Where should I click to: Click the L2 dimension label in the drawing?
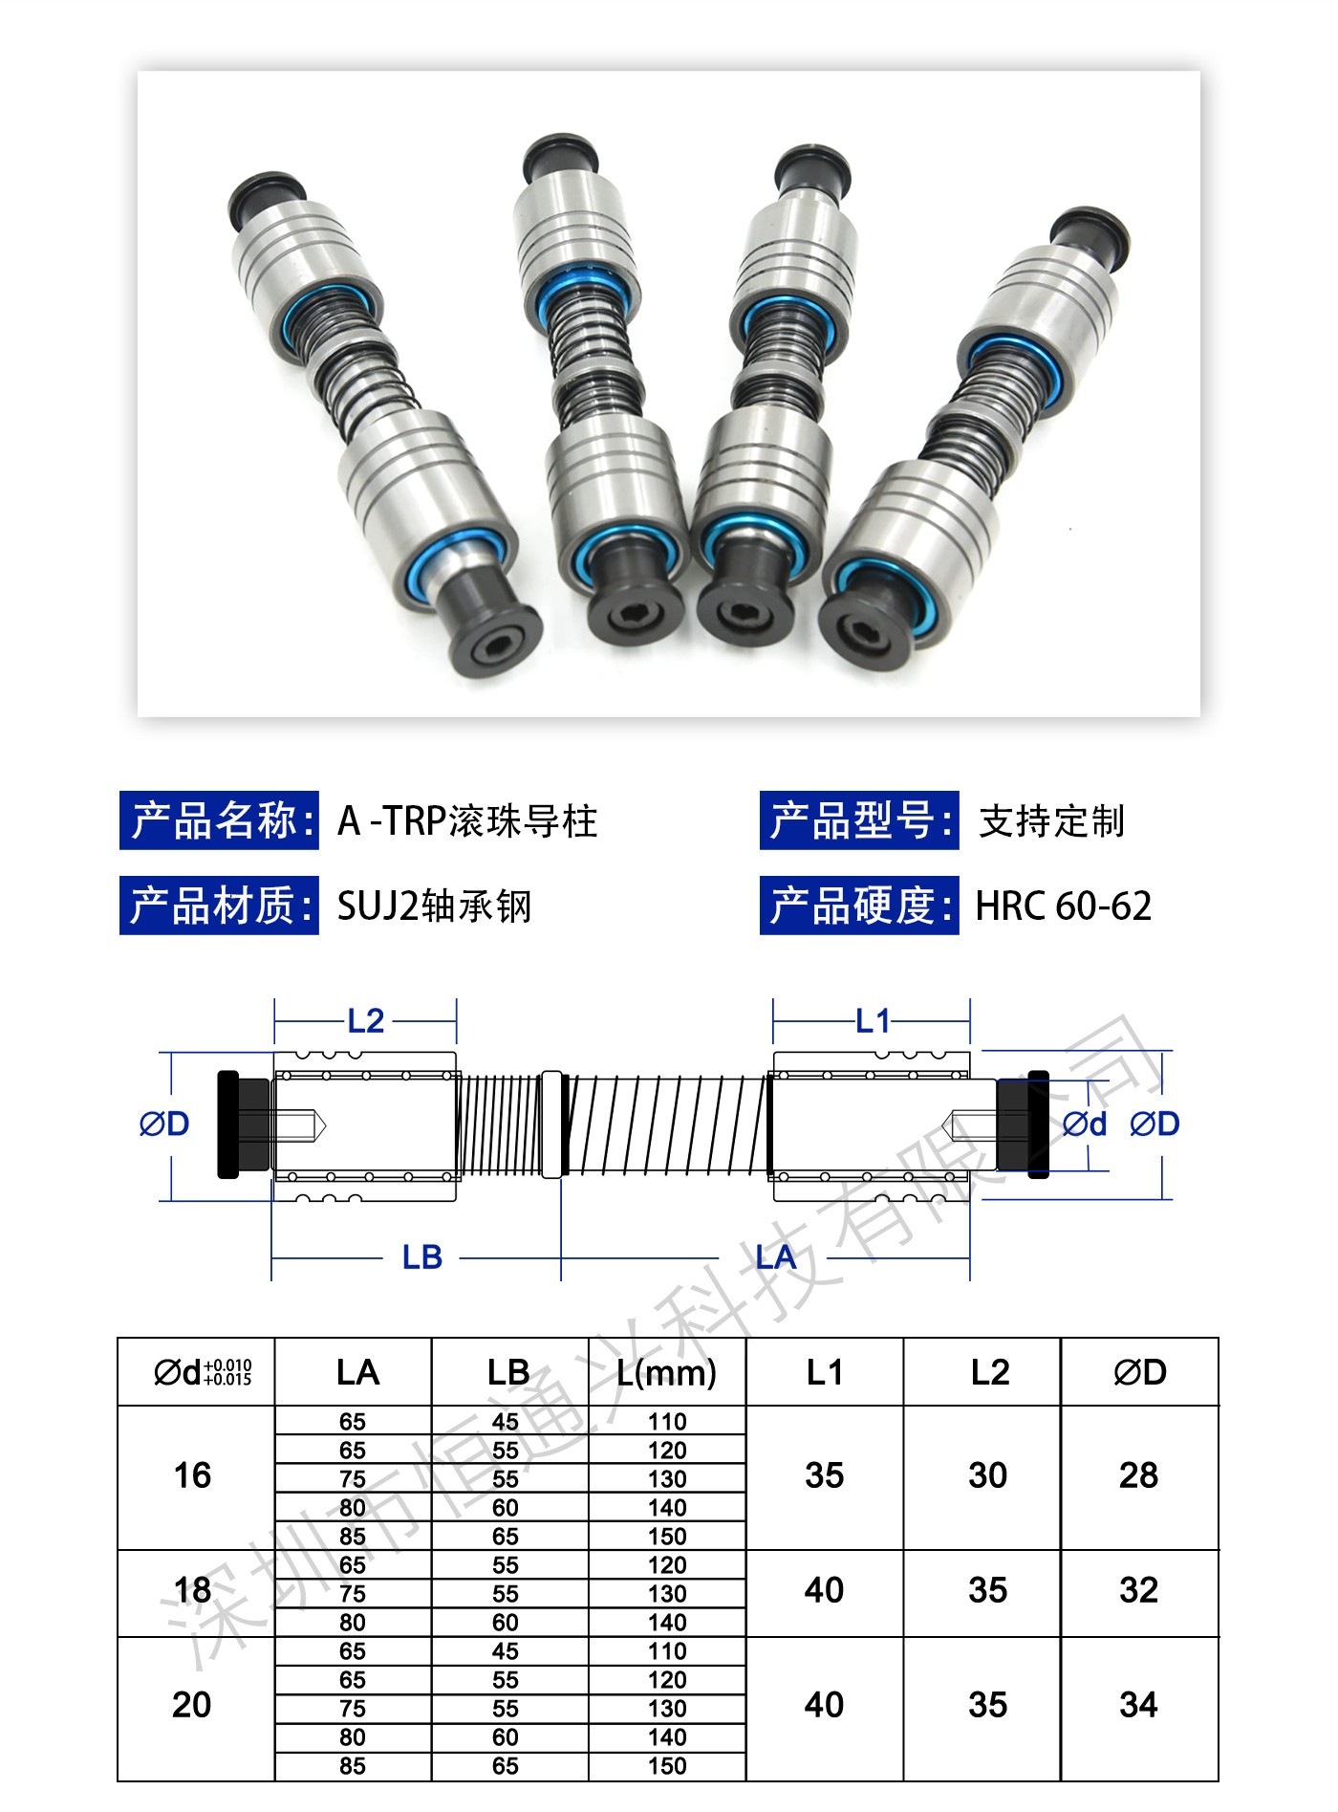[366, 1021]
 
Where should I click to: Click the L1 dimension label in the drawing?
[873, 1021]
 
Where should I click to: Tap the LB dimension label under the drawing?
[422, 1257]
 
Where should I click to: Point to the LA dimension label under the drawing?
[775, 1257]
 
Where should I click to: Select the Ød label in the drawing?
[1085, 1124]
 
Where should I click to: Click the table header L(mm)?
[666, 1372]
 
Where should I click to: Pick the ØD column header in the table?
[1140, 1372]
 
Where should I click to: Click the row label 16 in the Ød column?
[192, 1475]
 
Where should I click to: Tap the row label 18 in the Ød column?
[192, 1590]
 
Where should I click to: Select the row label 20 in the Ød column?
[192, 1705]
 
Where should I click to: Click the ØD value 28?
[1138, 1475]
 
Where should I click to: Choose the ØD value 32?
[1138, 1590]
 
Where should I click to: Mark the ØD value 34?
[1138, 1705]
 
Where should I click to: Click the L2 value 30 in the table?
[987, 1475]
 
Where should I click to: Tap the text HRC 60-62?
[1064, 906]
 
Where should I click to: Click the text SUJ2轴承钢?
[435, 906]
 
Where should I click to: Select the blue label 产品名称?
[219, 820]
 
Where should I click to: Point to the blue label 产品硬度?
[859, 906]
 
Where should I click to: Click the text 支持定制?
[1052, 821]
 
